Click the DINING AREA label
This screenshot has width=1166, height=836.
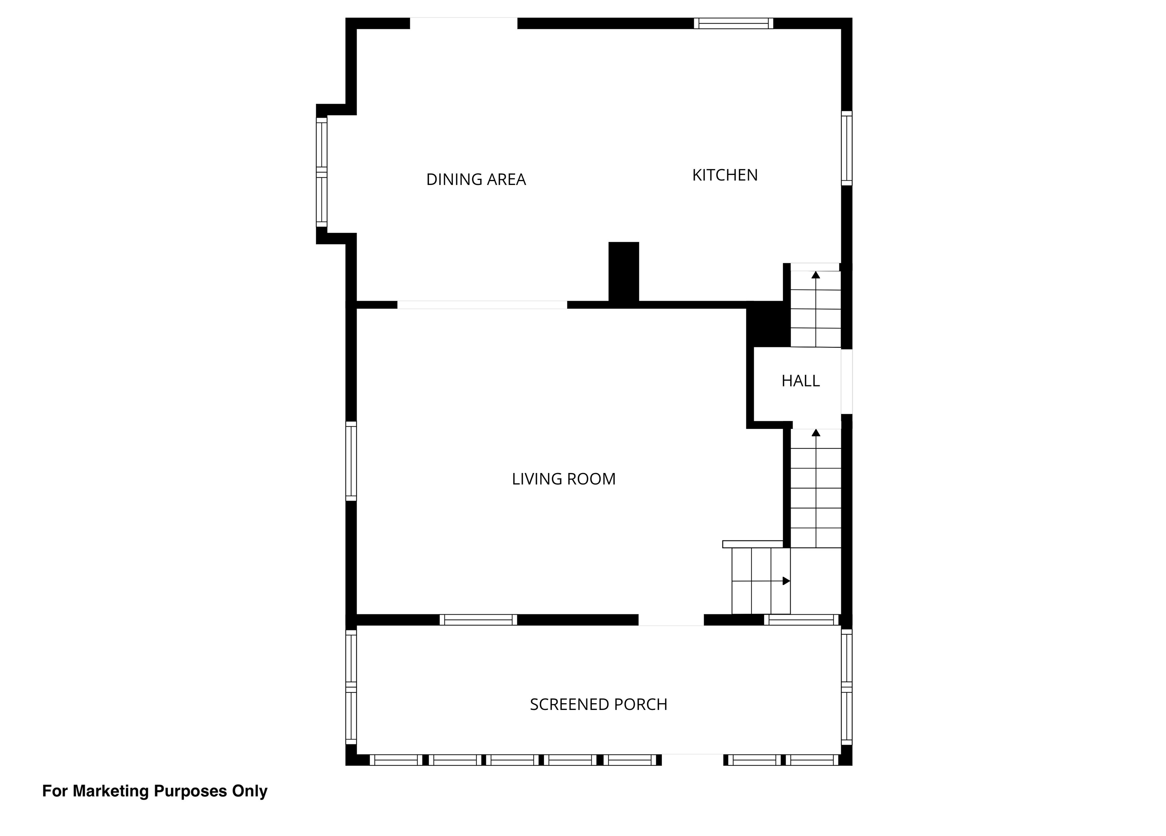(x=476, y=180)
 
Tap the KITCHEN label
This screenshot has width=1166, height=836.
(x=725, y=175)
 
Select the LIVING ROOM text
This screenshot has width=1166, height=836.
(x=564, y=479)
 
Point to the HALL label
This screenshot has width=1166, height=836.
(x=800, y=381)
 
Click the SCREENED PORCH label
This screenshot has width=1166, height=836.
(x=599, y=704)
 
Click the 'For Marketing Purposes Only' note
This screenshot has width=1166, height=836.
(x=155, y=791)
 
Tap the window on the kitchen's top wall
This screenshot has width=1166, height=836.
(x=734, y=23)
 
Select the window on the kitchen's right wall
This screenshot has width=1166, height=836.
(x=847, y=148)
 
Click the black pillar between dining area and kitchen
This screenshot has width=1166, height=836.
(x=624, y=272)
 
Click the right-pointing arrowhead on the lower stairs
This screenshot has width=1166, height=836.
(x=786, y=581)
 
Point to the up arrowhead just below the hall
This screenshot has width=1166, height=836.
(x=816, y=432)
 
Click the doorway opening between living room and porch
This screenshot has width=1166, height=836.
(x=671, y=620)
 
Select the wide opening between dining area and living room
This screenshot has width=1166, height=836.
(x=482, y=305)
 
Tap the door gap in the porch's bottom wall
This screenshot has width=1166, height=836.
(x=693, y=760)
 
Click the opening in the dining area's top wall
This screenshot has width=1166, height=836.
(x=463, y=23)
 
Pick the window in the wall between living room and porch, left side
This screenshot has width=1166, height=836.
(x=478, y=620)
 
